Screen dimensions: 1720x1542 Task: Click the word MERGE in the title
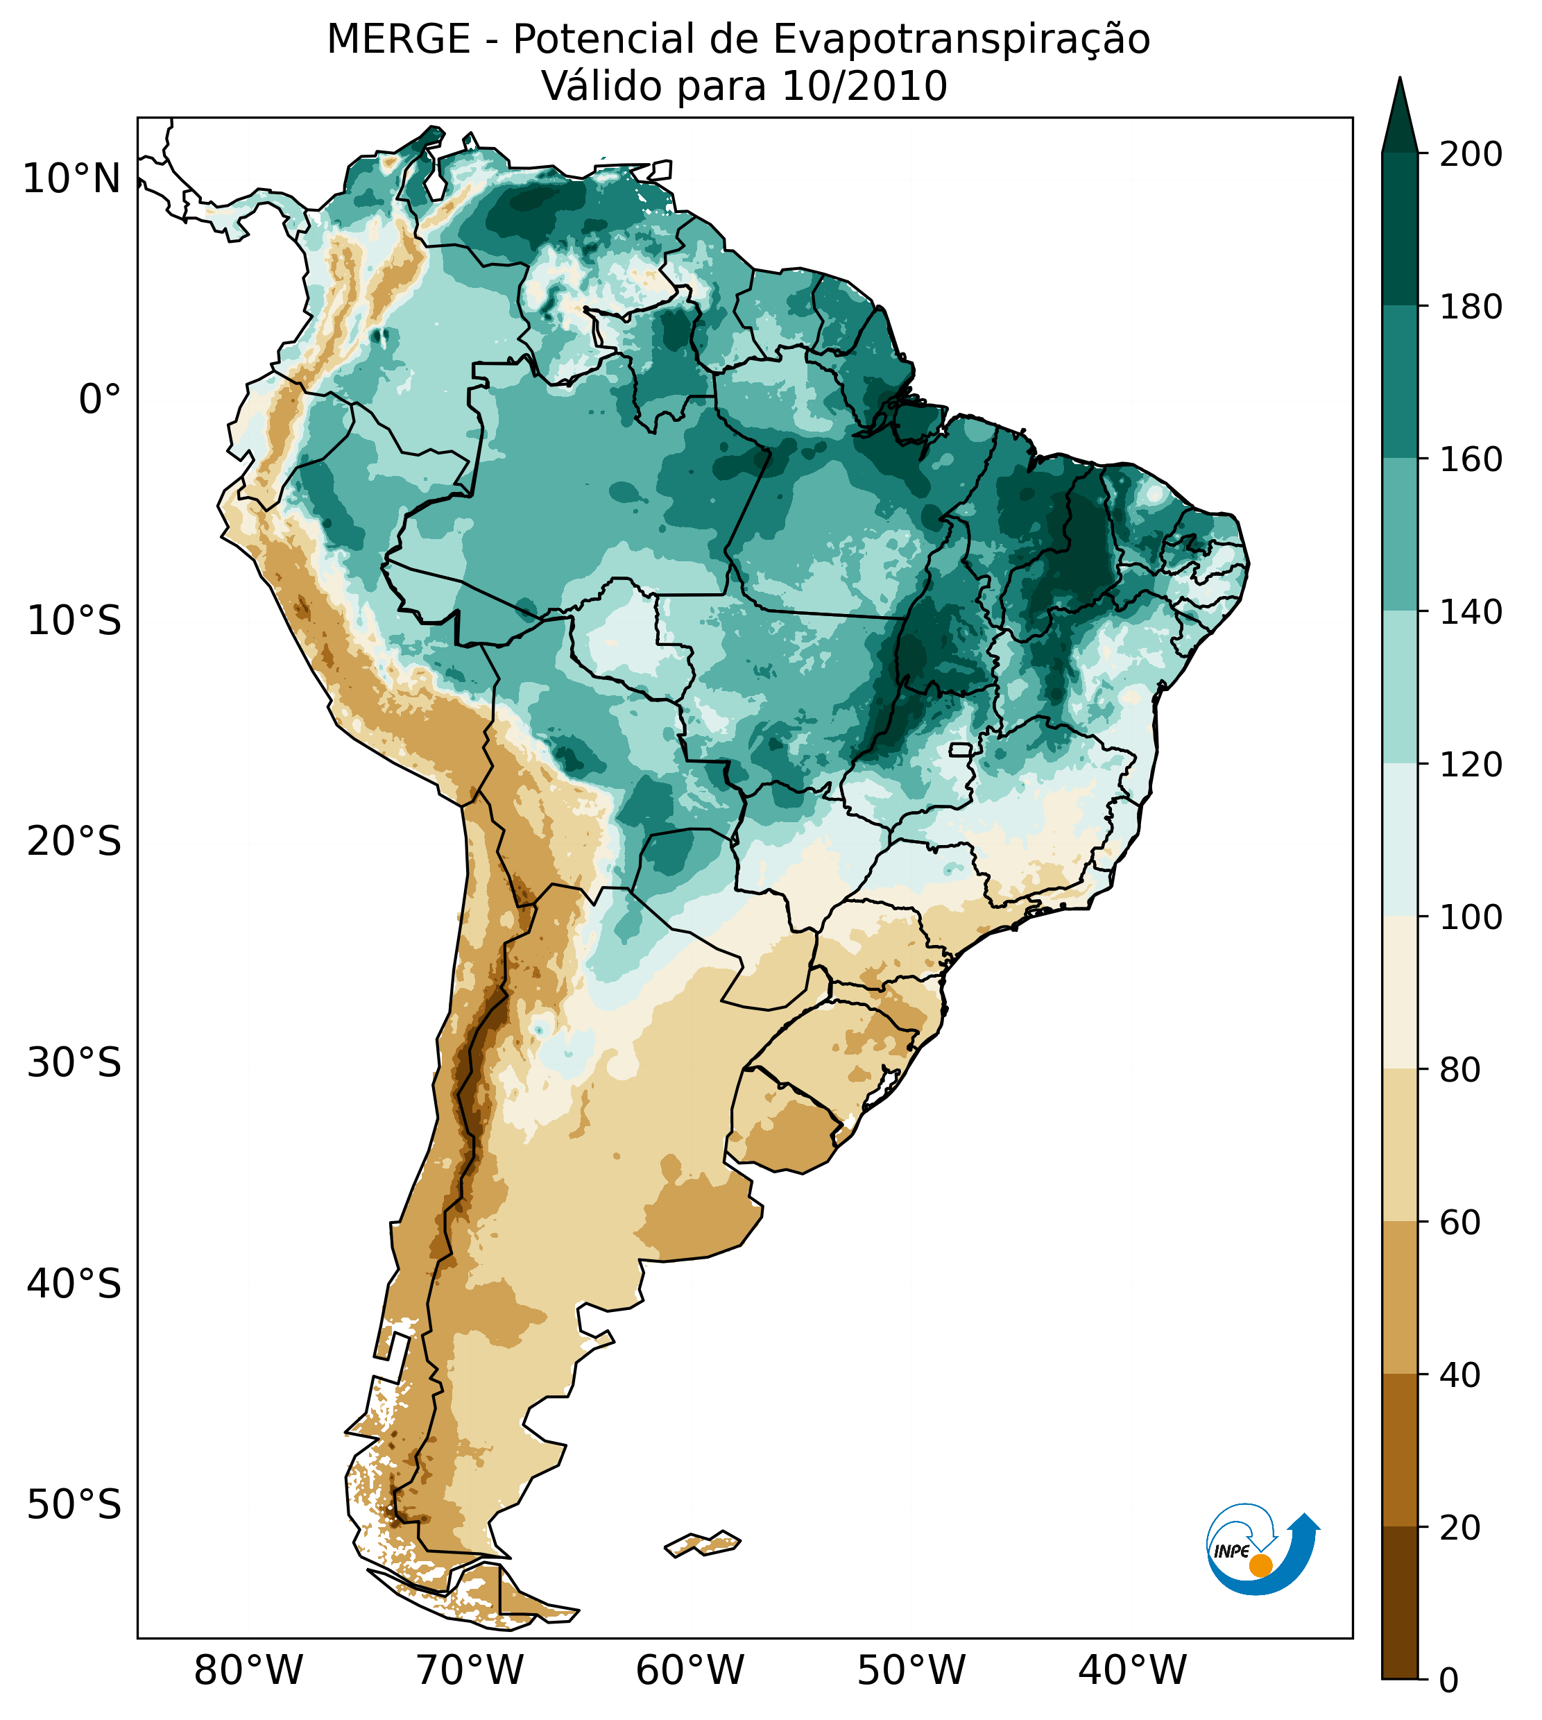click(x=398, y=40)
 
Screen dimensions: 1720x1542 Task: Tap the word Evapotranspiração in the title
click(x=961, y=40)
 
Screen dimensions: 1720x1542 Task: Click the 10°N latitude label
click(x=71, y=180)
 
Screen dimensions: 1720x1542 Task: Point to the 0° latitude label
click(x=100, y=400)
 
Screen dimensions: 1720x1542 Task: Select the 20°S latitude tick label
click(x=74, y=842)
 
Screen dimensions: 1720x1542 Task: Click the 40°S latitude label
click(x=74, y=1284)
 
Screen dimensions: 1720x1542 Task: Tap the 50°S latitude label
click(x=74, y=1506)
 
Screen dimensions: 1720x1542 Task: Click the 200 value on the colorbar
click(x=1471, y=155)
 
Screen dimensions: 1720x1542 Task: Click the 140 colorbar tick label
click(x=1471, y=613)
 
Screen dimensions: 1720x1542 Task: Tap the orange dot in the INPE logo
click(x=1260, y=1565)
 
